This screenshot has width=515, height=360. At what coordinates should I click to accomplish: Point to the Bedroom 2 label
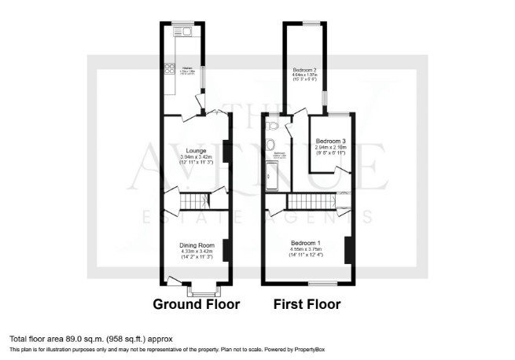tap(305, 71)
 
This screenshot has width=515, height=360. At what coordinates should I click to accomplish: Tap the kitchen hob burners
tap(169, 69)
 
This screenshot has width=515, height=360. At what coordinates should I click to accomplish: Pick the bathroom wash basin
tap(270, 143)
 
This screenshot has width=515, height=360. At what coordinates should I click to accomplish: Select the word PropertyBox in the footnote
tap(304, 349)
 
